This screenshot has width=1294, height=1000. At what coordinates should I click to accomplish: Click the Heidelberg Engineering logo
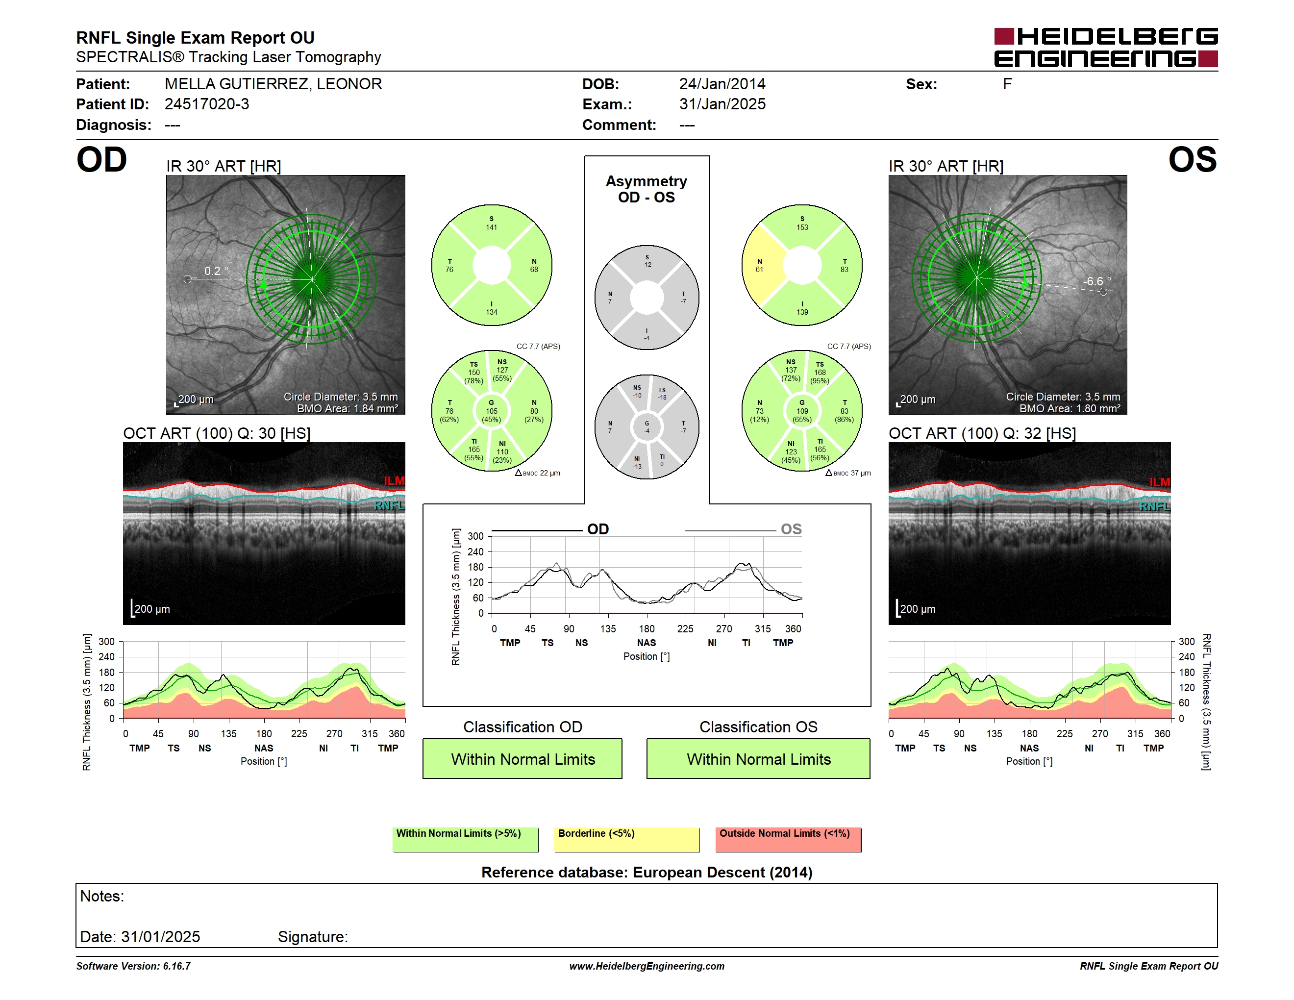click(x=1106, y=48)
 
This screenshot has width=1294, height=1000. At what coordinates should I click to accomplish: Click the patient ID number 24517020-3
click(x=207, y=104)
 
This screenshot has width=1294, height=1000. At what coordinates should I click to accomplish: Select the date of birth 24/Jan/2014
click(x=722, y=84)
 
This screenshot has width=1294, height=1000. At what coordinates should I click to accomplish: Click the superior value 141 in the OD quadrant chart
click(x=492, y=227)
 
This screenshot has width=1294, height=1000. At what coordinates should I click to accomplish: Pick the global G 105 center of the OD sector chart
click(x=491, y=411)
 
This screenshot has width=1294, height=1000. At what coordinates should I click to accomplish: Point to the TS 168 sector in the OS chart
click(x=820, y=373)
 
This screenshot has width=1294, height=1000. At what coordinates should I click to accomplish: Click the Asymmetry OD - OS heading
click(x=647, y=189)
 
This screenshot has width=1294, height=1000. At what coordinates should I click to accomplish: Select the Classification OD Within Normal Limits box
click(x=523, y=759)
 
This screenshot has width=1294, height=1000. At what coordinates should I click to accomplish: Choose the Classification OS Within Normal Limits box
click(x=758, y=759)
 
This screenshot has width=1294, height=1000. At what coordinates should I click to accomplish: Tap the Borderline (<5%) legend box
click(x=627, y=839)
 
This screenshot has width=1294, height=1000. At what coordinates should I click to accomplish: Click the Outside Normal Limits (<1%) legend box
click(x=788, y=839)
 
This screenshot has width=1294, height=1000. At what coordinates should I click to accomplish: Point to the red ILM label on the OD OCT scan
click(x=394, y=480)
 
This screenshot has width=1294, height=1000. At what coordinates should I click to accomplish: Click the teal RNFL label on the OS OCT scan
click(x=1155, y=506)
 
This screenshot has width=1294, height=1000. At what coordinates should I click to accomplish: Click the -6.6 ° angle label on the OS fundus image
click(x=1097, y=281)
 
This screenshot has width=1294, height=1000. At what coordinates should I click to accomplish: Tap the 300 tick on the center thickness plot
click(x=476, y=536)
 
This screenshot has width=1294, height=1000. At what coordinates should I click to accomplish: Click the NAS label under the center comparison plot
click(x=647, y=643)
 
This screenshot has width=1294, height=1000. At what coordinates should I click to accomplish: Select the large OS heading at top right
click(x=1193, y=160)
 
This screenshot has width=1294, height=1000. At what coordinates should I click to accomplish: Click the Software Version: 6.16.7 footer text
click(x=133, y=966)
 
